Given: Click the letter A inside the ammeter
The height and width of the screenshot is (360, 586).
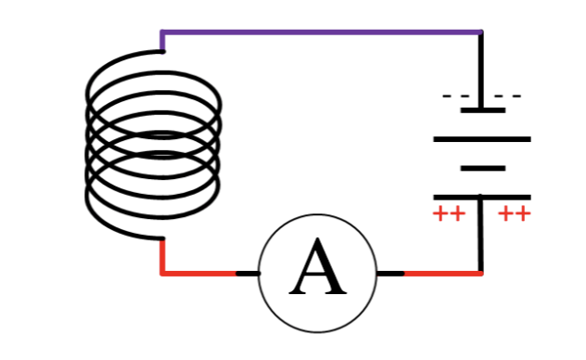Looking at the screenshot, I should (318, 270).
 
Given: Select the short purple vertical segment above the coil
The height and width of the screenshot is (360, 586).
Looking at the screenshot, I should (163, 42).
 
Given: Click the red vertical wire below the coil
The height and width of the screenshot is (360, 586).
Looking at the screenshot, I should (163, 256).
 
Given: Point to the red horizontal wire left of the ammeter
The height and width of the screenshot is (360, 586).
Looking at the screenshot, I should (199, 274).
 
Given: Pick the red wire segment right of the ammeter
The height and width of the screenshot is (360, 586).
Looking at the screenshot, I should (442, 274).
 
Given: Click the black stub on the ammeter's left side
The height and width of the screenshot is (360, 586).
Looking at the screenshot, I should (248, 274).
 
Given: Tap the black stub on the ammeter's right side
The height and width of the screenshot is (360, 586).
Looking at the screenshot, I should (390, 274).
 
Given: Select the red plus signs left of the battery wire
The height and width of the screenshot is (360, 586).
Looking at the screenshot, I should (449, 214).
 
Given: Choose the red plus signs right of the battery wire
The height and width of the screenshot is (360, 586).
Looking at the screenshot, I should (514, 214).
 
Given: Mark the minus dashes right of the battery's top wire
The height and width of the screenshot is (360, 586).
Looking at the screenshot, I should (506, 96).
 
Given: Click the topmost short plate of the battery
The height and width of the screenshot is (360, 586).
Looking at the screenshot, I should (482, 110).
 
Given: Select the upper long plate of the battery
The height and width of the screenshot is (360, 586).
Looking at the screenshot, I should (482, 139).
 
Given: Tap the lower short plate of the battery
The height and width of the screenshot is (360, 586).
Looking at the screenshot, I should (482, 168).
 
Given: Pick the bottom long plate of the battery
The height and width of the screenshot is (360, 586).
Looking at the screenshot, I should (482, 197).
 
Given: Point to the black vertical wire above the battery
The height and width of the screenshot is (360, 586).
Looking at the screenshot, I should (481, 71).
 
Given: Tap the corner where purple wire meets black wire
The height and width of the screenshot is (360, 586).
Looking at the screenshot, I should (481, 33).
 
